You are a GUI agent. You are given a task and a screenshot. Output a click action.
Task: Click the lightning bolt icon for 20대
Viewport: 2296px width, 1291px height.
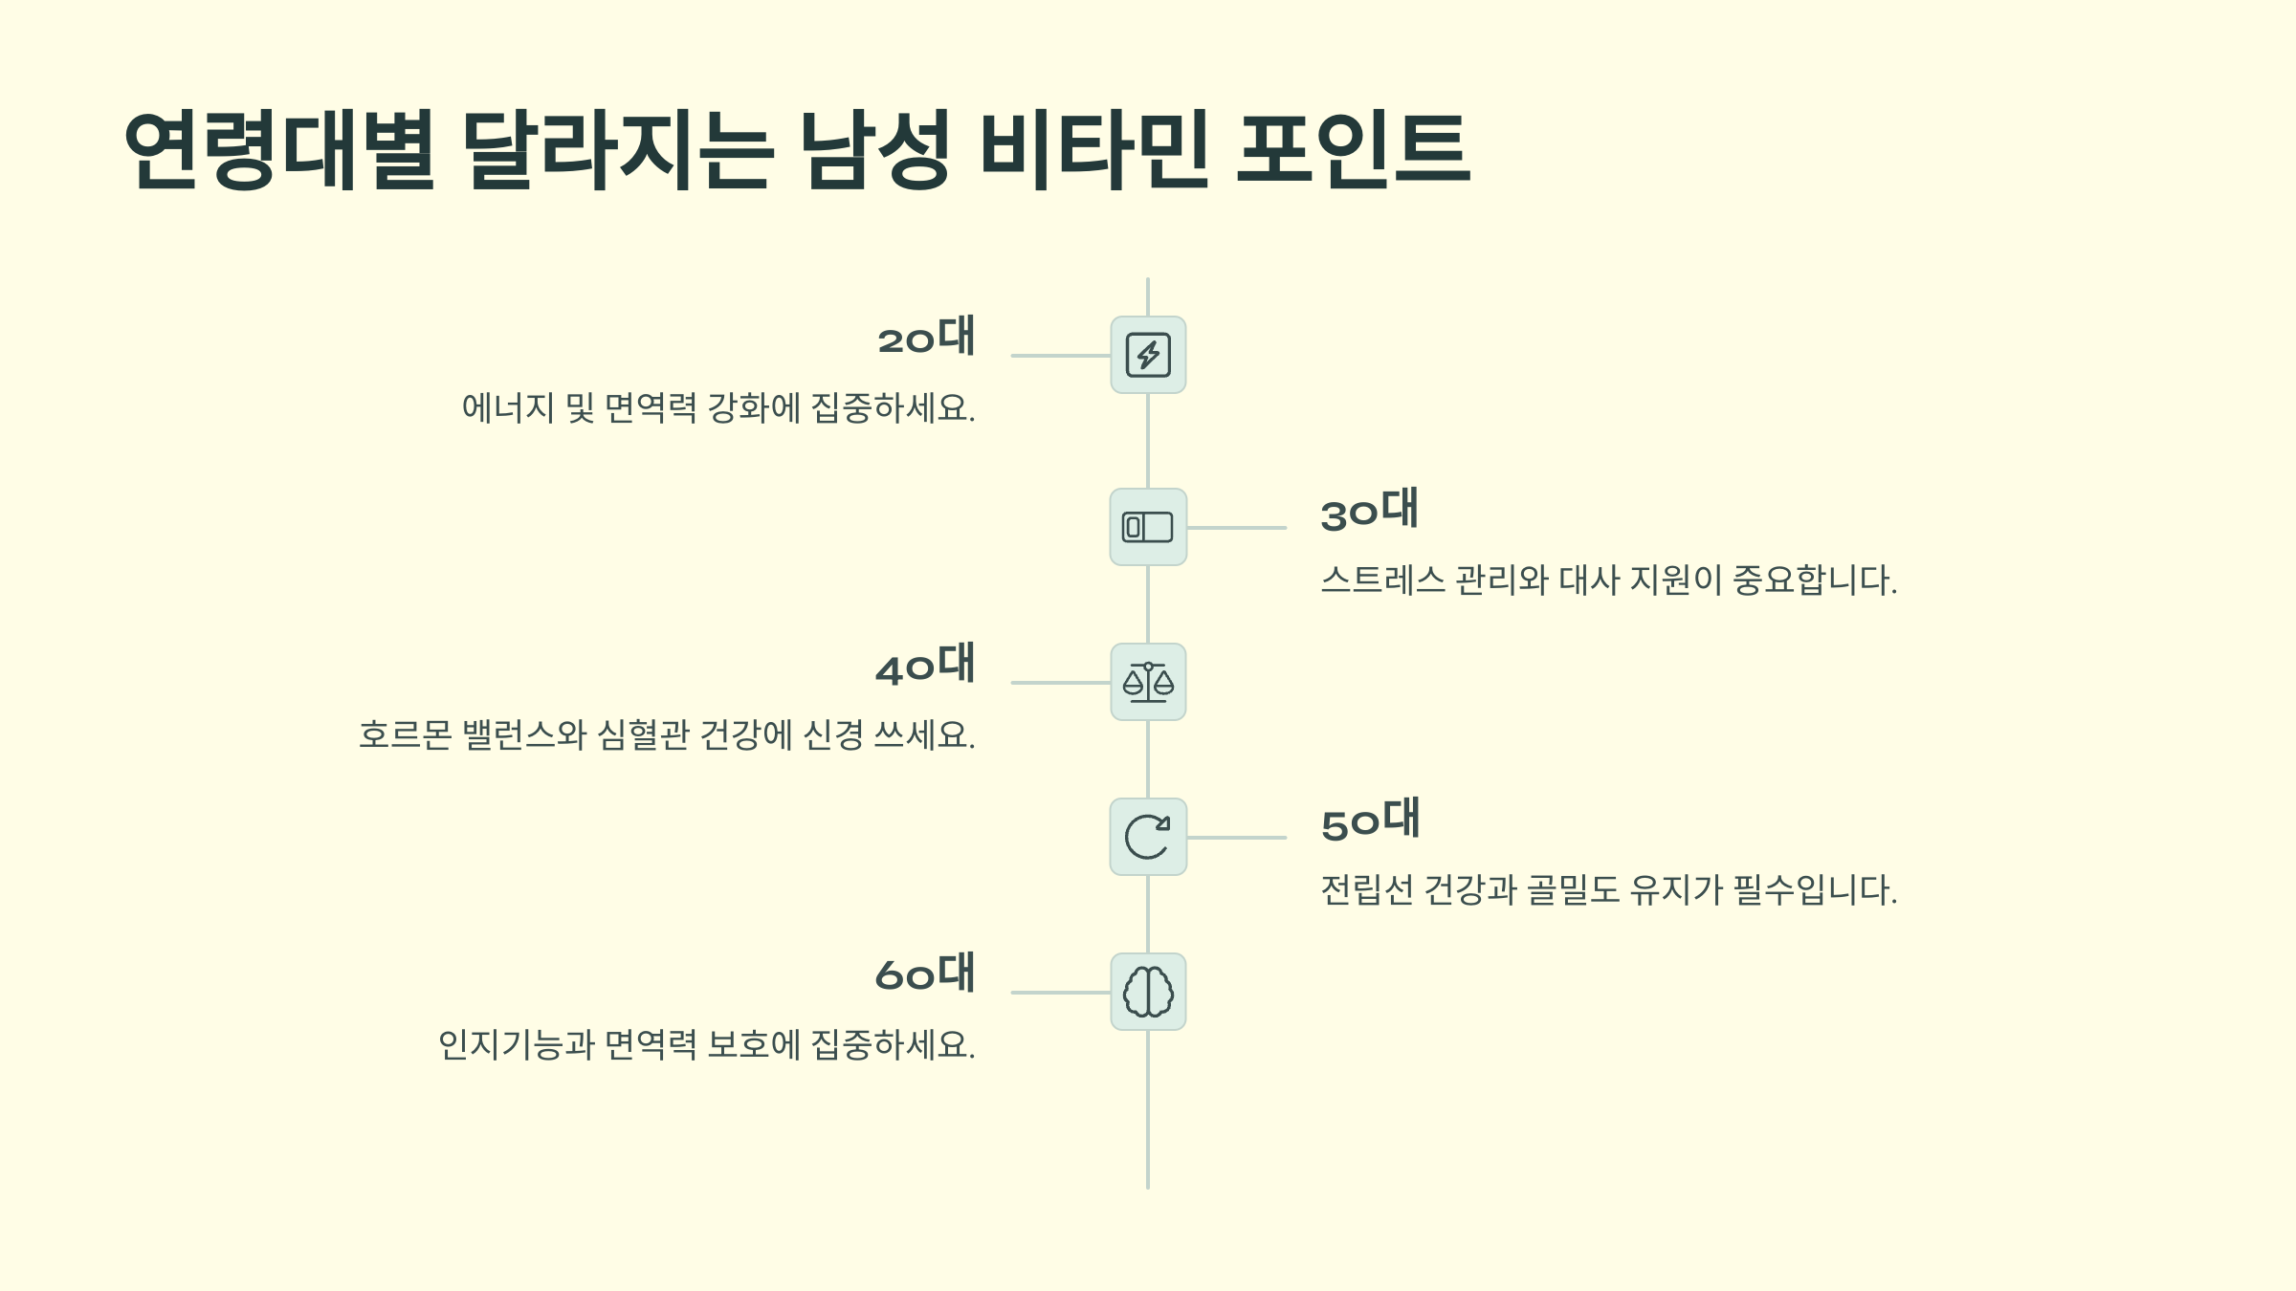1148,355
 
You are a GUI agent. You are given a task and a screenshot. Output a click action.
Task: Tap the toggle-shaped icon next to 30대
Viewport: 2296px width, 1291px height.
1148,527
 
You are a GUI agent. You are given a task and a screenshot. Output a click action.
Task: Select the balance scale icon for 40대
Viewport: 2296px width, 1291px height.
1148,682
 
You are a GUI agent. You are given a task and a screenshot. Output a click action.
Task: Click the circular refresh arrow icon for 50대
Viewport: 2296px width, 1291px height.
1148,837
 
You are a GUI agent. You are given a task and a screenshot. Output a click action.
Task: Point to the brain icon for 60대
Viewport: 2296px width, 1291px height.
1148,992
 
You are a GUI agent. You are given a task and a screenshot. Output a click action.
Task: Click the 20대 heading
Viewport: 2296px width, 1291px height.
926,337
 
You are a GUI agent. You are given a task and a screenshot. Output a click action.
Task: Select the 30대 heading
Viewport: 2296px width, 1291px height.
1369,511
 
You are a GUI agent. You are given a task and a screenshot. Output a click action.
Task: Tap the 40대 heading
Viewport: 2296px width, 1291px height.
925,665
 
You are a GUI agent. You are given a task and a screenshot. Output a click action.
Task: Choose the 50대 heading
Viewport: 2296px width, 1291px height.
1370,821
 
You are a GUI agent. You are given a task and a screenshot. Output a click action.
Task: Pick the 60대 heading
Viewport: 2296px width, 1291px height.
925,974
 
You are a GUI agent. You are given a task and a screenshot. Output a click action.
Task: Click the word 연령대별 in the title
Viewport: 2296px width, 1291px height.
279,150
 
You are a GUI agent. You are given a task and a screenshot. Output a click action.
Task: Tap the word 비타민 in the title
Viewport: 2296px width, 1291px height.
1094,150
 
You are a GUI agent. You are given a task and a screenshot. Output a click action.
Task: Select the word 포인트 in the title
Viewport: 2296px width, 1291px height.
1353,150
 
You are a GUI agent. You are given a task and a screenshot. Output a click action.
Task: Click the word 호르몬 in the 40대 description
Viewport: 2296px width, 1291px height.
405,735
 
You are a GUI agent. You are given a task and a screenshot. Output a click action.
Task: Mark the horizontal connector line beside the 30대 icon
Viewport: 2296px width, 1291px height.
1236,527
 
